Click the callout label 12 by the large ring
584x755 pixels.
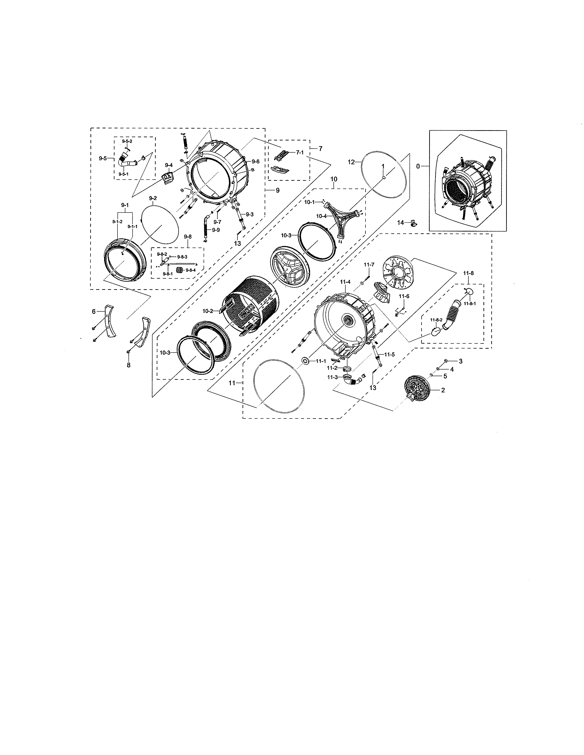[x=351, y=162]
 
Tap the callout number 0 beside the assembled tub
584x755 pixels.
[x=418, y=166]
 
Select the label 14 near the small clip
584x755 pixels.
[x=400, y=223]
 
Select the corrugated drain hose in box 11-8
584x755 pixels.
[x=456, y=312]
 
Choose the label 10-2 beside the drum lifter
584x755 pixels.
[x=207, y=311]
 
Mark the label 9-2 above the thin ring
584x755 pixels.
[x=153, y=198]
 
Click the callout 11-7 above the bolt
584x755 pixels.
[x=369, y=264]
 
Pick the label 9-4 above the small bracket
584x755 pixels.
[x=169, y=165]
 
